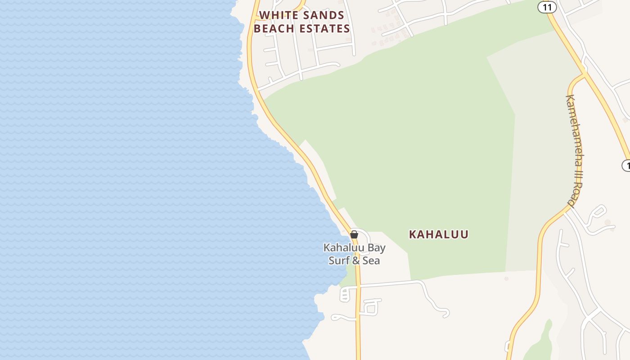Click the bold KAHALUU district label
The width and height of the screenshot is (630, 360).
pyautogui.click(x=439, y=234)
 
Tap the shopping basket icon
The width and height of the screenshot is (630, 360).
pyautogui.click(x=354, y=234)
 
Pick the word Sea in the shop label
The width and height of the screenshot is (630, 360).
pyautogui.click(x=372, y=261)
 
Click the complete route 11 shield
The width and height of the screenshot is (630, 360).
pyautogui.click(x=547, y=7)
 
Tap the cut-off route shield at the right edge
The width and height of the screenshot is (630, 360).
pyautogui.click(x=626, y=166)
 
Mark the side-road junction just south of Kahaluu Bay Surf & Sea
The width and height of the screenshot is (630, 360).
pyautogui.click(x=358, y=286)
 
